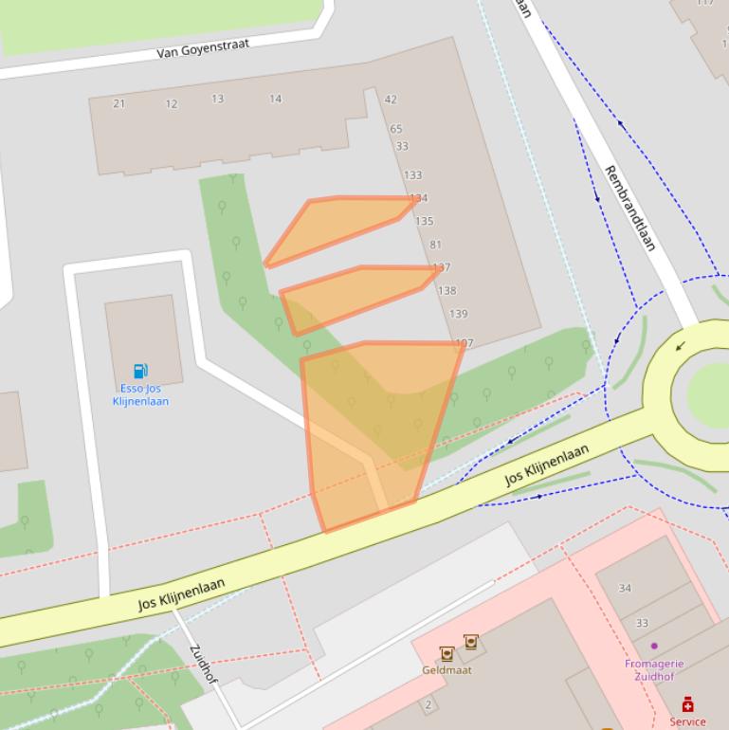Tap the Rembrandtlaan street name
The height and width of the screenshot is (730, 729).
(630, 208)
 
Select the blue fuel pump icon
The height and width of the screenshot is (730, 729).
(140, 371)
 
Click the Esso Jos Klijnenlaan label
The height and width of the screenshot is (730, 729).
(140, 394)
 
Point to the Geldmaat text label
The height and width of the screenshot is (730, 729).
(447, 670)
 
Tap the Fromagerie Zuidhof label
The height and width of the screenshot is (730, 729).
(654, 669)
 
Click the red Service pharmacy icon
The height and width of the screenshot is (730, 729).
(687, 704)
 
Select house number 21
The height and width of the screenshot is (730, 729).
(118, 103)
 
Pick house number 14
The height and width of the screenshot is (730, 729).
(275, 99)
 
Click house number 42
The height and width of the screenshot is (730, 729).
(391, 99)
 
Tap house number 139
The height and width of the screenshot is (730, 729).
(458, 314)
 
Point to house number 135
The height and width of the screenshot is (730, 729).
(424, 221)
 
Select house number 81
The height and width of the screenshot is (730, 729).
(435, 245)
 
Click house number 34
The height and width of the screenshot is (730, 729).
(625, 588)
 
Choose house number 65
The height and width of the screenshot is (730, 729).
(395, 129)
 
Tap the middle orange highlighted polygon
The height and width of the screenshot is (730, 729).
(355, 294)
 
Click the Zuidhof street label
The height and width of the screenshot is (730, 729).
(204, 664)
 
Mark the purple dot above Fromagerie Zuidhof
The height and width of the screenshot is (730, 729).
(653, 646)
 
